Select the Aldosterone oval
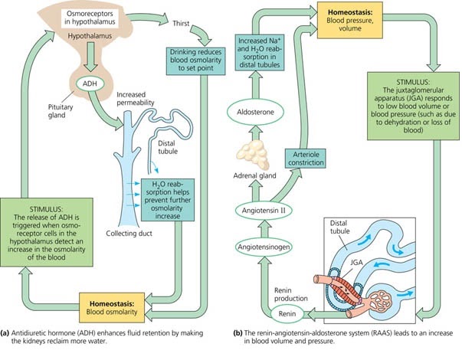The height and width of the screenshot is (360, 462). click(x=261, y=112)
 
